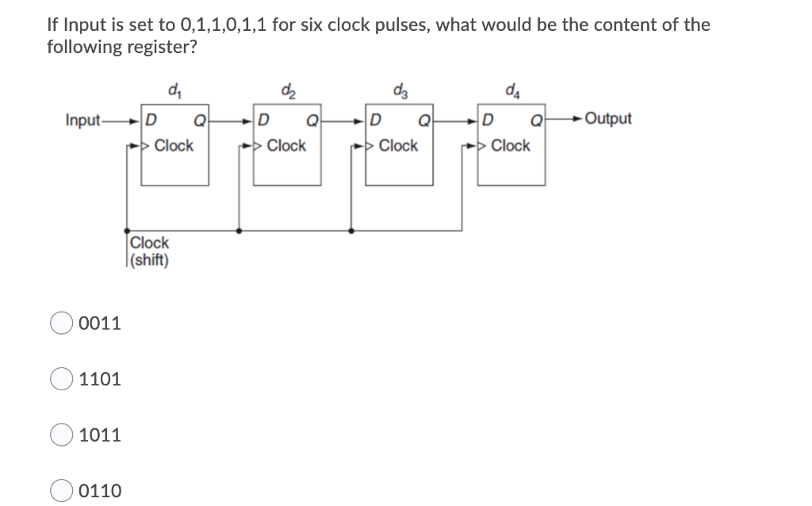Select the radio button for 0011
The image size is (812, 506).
click(x=61, y=324)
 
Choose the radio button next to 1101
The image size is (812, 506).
click(x=61, y=379)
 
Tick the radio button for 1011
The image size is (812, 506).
click(x=61, y=435)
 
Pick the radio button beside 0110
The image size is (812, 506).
click(x=61, y=491)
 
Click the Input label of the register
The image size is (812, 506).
click(x=82, y=120)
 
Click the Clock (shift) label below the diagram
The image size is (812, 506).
click(x=149, y=251)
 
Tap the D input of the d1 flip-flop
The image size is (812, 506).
click(x=151, y=121)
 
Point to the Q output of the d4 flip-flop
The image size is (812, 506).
click(x=535, y=121)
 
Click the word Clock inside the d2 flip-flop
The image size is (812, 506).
click(x=286, y=146)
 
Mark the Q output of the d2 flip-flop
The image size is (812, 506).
click(x=312, y=121)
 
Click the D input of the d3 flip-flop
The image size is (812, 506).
click(x=376, y=121)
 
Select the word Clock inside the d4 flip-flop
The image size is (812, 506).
click(x=511, y=146)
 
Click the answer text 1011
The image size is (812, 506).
click(x=100, y=435)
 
